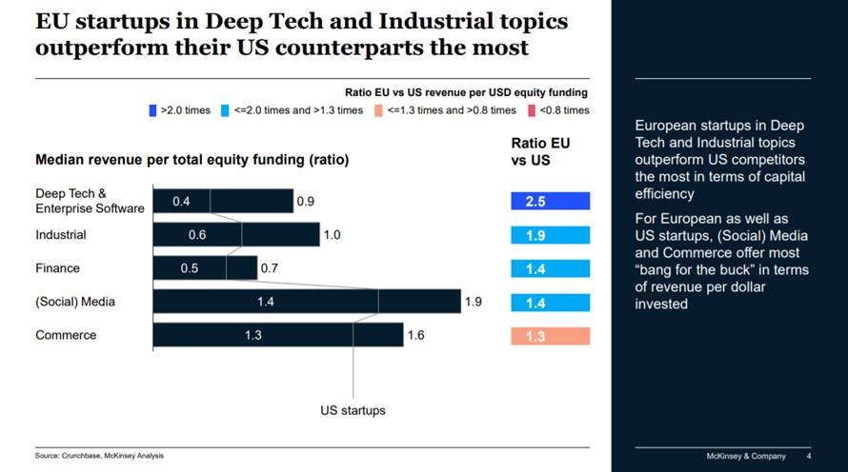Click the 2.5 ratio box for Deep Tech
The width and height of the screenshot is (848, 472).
click(550, 201)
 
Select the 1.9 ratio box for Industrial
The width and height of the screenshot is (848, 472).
click(550, 235)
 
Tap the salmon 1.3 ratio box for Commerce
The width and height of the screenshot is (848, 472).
click(550, 336)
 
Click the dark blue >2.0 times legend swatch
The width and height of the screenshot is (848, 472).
click(153, 110)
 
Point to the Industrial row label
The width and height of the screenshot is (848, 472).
click(61, 234)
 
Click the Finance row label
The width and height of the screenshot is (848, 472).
click(57, 268)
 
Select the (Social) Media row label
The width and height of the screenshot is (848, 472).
click(75, 302)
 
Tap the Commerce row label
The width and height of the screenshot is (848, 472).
click(65, 335)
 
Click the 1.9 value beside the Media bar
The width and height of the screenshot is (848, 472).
click(474, 302)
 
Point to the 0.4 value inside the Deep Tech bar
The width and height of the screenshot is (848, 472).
click(181, 202)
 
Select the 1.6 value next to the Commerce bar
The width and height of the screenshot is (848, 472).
click(415, 335)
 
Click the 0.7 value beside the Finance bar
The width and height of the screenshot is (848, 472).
click(270, 268)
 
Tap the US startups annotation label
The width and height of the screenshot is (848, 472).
click(353, 411)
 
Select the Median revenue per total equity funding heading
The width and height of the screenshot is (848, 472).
click(192, 160)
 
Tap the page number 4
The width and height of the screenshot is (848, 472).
click(808, 456)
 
